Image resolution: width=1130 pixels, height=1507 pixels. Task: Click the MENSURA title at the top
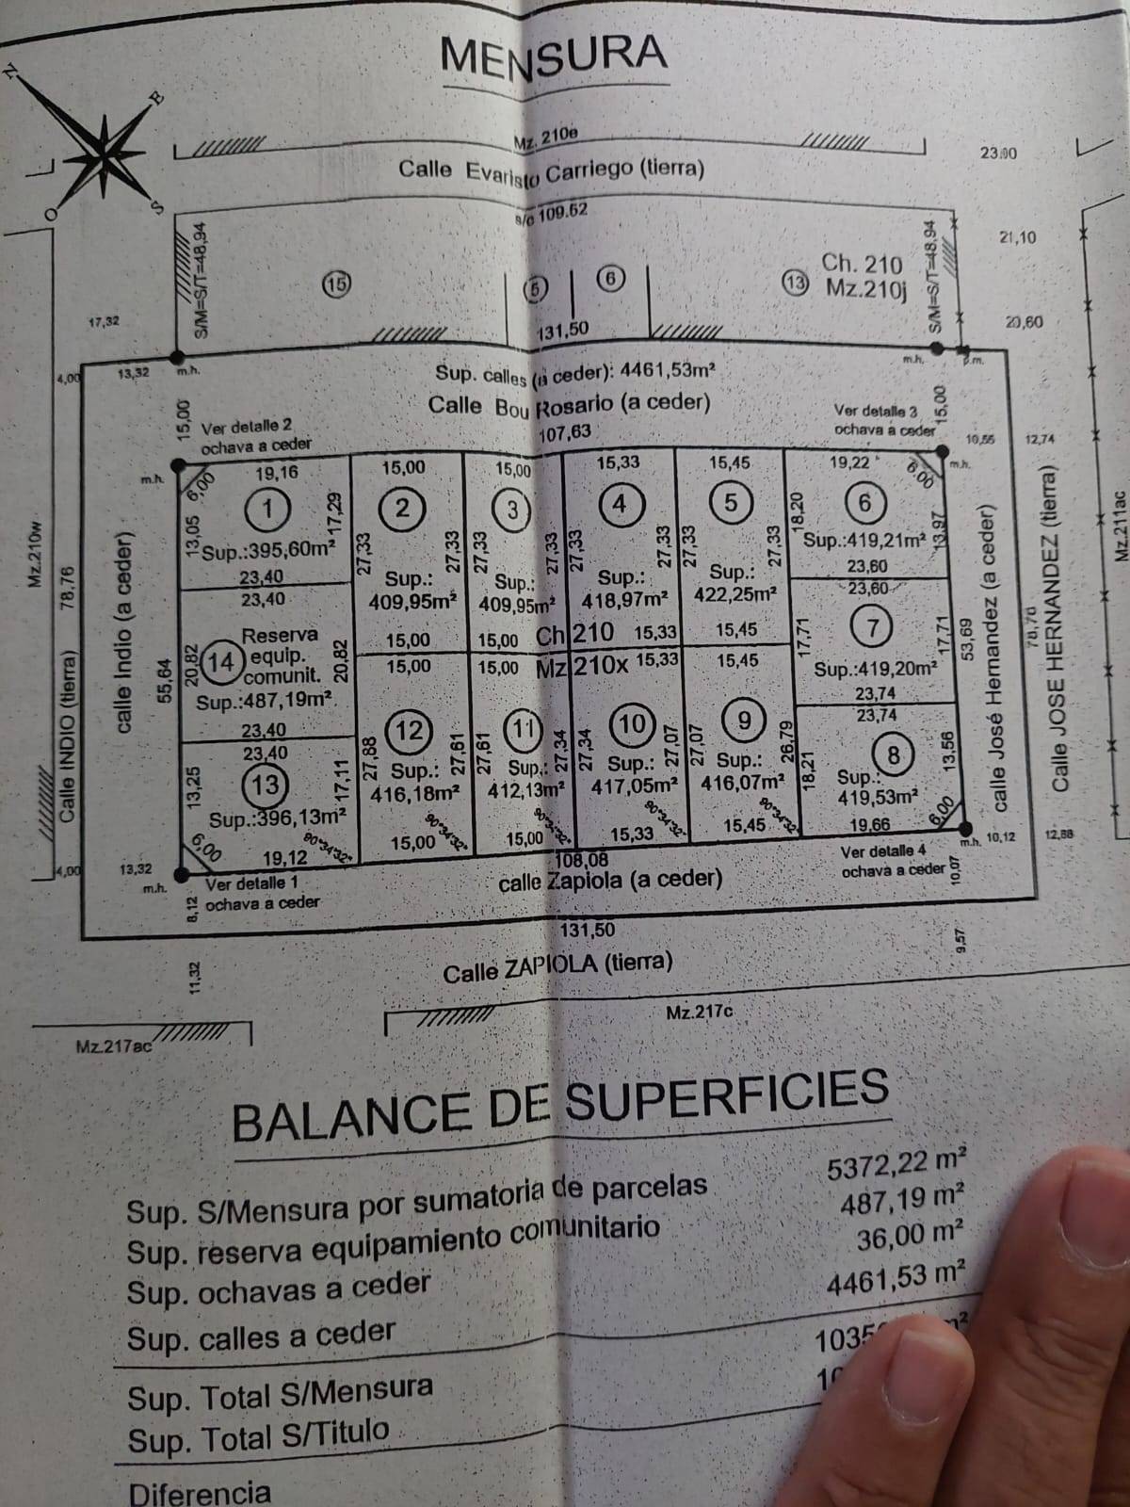(x=553, y=55)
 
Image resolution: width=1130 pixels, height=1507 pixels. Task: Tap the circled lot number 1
(x=268, y=510)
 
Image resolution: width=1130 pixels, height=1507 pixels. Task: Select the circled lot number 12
(x=411, y=730)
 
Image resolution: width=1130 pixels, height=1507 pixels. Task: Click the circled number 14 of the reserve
(x=221, y=662)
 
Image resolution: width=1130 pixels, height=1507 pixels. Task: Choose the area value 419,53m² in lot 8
(x=878, y=797)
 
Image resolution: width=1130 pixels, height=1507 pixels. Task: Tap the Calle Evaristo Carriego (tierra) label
(x=551, y=170)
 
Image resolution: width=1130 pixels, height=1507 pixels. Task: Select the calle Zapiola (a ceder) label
(x=610, y=880)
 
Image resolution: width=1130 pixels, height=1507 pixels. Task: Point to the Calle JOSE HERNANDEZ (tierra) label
(x=1061, y=629)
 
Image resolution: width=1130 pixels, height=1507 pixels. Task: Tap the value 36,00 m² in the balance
(x=910, y=1237)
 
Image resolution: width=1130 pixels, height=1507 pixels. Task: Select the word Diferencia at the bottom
(x=200, y=1493)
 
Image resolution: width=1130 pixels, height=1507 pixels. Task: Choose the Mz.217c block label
(x=700, y=1013)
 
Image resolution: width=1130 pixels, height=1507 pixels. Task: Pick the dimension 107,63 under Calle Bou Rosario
(x=565, y=432)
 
